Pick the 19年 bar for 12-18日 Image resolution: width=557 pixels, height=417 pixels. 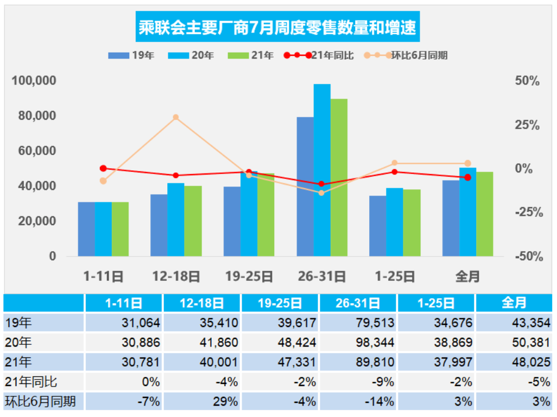click(x=159, y=225)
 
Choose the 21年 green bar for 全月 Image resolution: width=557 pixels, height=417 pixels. click(x=484, y=214)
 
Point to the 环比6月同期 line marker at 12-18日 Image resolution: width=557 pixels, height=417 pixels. click(x=176, y=117)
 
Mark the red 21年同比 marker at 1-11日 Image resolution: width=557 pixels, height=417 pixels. click(x=103, y=169)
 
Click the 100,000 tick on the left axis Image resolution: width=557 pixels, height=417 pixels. click(x=34, y=81)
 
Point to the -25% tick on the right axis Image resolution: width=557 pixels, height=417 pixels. click(x=528, y=212)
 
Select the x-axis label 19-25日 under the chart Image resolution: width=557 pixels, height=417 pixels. click(x=249, y=277)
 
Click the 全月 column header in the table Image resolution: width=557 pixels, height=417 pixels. click(x=514, y=303)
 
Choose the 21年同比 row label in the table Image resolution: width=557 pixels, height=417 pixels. click(x=30, y=382)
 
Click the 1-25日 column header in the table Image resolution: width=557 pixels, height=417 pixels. click(x=436, y=303)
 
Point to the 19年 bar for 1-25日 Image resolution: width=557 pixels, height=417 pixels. click(x=377, y=226)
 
